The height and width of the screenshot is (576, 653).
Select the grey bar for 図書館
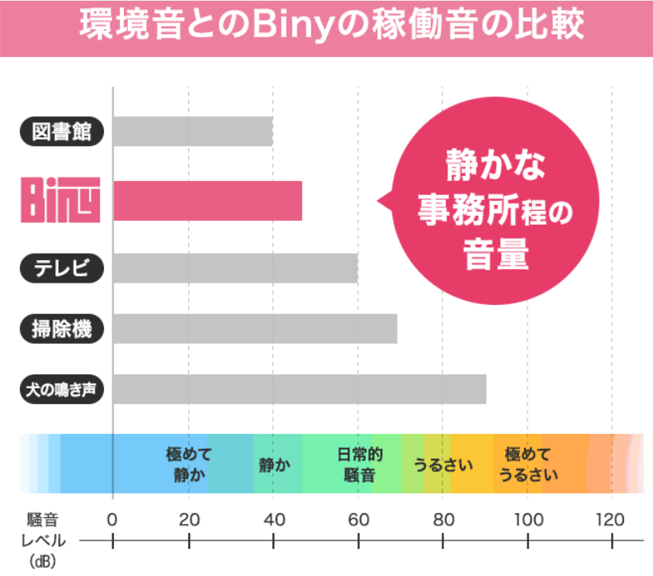pyautogui.click(x=192, y=132)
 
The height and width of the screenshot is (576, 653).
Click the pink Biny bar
pyautogui.click(x=207, y=201)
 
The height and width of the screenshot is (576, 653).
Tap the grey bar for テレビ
pyautogui.click(x=235, y=268)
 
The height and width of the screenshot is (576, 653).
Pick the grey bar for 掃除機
pyautogui.click(x=254, y=328)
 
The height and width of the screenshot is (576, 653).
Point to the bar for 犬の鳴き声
pyautogui.click(x=299, y=389)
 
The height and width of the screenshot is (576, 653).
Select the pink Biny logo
pyautogui.click(x=60, y=201)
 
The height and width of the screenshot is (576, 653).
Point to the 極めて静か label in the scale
pyautogui.click(x=189, y=464)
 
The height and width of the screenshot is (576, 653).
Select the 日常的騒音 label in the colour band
pyautogui.click(x=358, y=464)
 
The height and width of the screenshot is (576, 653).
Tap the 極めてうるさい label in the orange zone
pyautogui.click(x=528, y=464)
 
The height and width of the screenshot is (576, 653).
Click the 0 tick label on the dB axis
pyautogui.click(x=112, y=521)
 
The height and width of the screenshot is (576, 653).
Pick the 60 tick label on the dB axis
pyautogui.click(x=358, y=521)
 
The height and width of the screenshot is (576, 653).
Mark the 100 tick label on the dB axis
pyautogui.click(x=528, y=521)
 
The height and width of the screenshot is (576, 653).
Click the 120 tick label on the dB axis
pyautogui.click(x=611, y=521)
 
